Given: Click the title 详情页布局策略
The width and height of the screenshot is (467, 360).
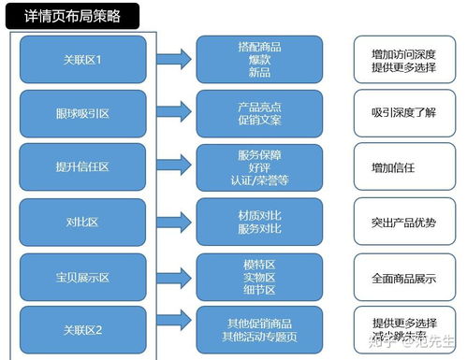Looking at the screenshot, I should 71,16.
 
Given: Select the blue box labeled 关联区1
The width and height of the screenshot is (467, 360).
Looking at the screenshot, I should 83,60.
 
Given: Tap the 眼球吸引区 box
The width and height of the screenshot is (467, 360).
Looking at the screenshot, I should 83,114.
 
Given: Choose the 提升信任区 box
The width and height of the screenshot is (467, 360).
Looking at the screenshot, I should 83,167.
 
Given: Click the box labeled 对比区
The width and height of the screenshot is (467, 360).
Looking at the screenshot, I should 83,222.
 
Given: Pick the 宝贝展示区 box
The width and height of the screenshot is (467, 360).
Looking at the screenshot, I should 83,277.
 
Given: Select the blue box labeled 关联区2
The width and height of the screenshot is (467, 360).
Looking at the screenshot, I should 83,329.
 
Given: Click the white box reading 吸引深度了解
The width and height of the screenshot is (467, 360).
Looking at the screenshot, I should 403,114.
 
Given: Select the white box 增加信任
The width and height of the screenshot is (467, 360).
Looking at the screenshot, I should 403,167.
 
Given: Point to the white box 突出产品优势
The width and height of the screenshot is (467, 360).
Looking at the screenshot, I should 403,222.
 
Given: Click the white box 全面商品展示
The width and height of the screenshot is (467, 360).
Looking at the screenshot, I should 403,277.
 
